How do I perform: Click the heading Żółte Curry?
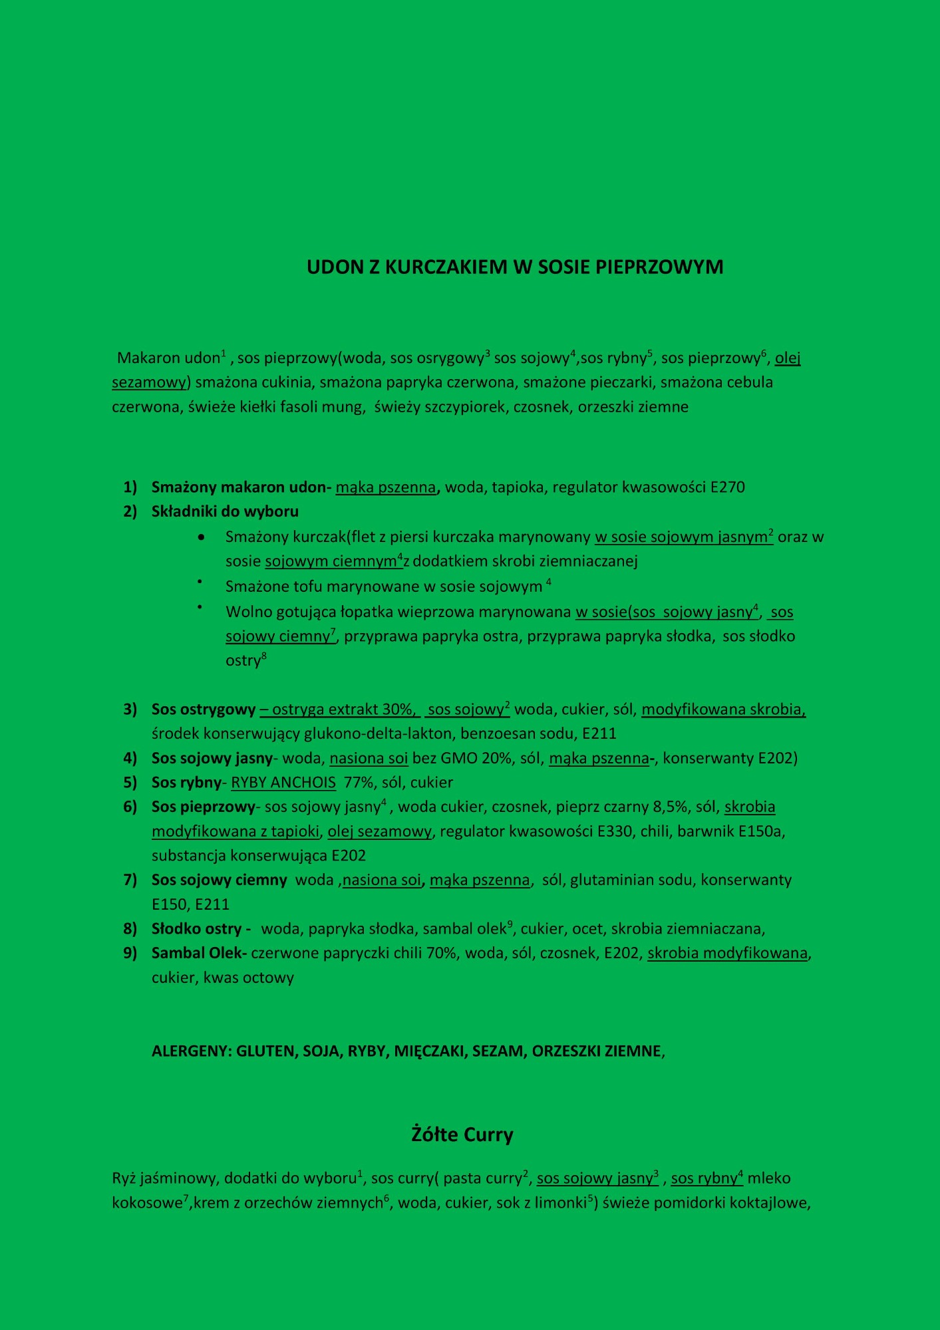tap(462, 1134)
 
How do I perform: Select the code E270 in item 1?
tap(728, 487)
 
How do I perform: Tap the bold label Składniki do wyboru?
tap(225, 511)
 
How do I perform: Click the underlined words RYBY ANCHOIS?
tap(283, 782)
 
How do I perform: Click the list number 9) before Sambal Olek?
tap(130, 953)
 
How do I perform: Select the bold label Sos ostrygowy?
tap(204, 709)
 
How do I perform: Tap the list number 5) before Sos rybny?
tap(130, 782)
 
